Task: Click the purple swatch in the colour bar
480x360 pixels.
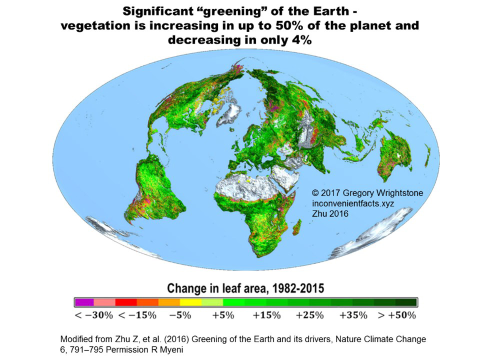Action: [84, 302]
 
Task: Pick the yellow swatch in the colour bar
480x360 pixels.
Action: [191, 302]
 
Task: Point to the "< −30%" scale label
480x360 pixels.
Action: [93, 315]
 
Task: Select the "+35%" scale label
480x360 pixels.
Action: [353, 315]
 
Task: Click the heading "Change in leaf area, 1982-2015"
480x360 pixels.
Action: [245, 288]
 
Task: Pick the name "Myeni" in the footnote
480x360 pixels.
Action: [170, 349]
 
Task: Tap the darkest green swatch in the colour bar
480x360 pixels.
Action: [406, 302]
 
